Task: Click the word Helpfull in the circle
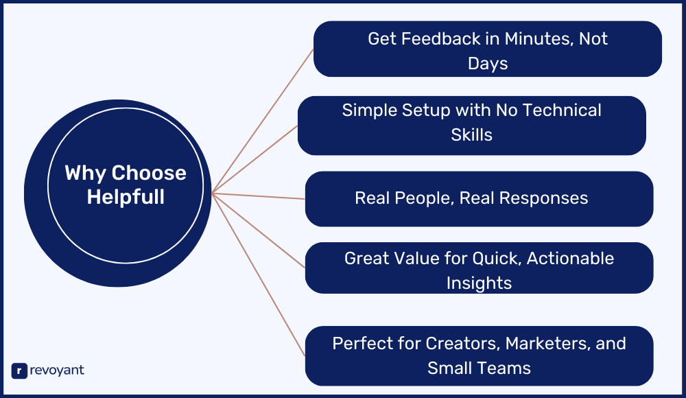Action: [x=126, y=197]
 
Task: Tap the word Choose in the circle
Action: [x=149, y=173]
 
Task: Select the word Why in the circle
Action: [x=85, y=173]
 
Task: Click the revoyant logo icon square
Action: [x=19, y=371]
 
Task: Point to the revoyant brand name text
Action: [x=58, y=371]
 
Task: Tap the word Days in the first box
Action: [x=488, y=64]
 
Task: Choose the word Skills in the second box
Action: [x=472, y=134]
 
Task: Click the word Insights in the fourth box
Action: [x=479, y=283]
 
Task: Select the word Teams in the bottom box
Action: [x=505, y=368]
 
